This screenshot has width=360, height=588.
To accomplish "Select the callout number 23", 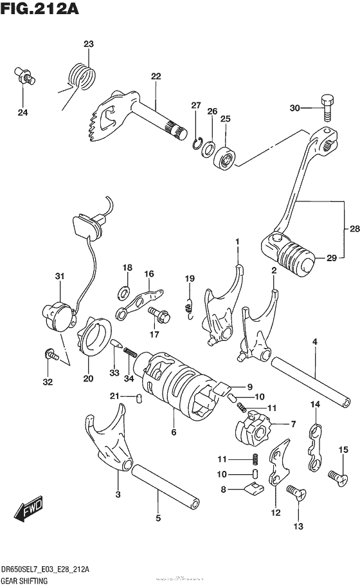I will (88, 44).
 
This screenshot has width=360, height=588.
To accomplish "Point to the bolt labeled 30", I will (326, 107).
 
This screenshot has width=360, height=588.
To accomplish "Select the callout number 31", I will (59, 277).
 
